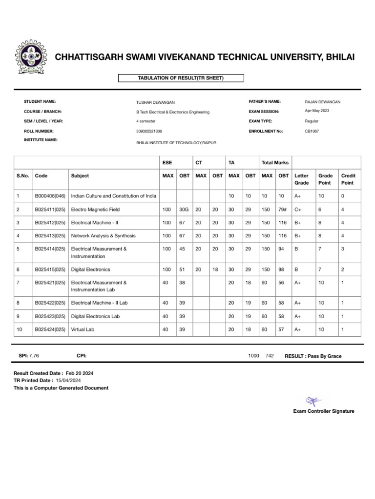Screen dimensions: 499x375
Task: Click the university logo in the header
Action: (32, 57)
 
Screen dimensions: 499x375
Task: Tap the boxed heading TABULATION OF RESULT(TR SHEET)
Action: (181, 78)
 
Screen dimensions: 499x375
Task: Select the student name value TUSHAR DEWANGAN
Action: (155, 102)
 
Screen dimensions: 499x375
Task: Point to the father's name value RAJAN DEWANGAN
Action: (322, 102)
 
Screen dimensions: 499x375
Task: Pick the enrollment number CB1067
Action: (312, 131)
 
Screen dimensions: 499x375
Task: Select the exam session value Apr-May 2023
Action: (317, 111)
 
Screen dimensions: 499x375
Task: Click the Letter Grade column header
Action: (301, 179)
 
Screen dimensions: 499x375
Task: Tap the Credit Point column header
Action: (348, 179)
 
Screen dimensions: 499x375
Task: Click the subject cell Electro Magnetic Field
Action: (95, 210)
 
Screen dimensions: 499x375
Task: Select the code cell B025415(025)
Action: (50, 269)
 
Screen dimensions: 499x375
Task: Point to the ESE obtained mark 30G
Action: (184, 210)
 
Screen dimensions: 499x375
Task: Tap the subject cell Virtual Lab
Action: (83, 329)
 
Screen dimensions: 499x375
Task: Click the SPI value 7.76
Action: (34, 356)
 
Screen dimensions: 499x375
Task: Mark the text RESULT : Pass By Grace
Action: (313, 356)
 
